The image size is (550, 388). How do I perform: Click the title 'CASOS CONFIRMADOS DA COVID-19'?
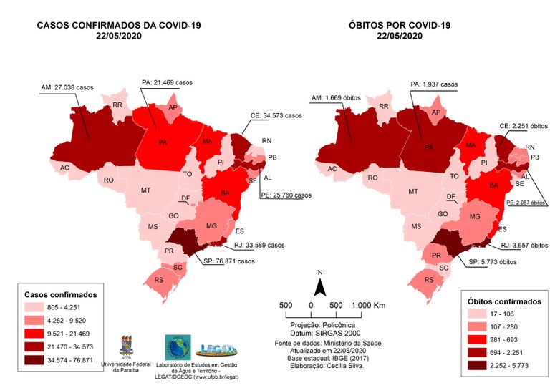(x=119, y=26)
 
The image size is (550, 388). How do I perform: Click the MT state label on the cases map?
(x=145, y=190)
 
